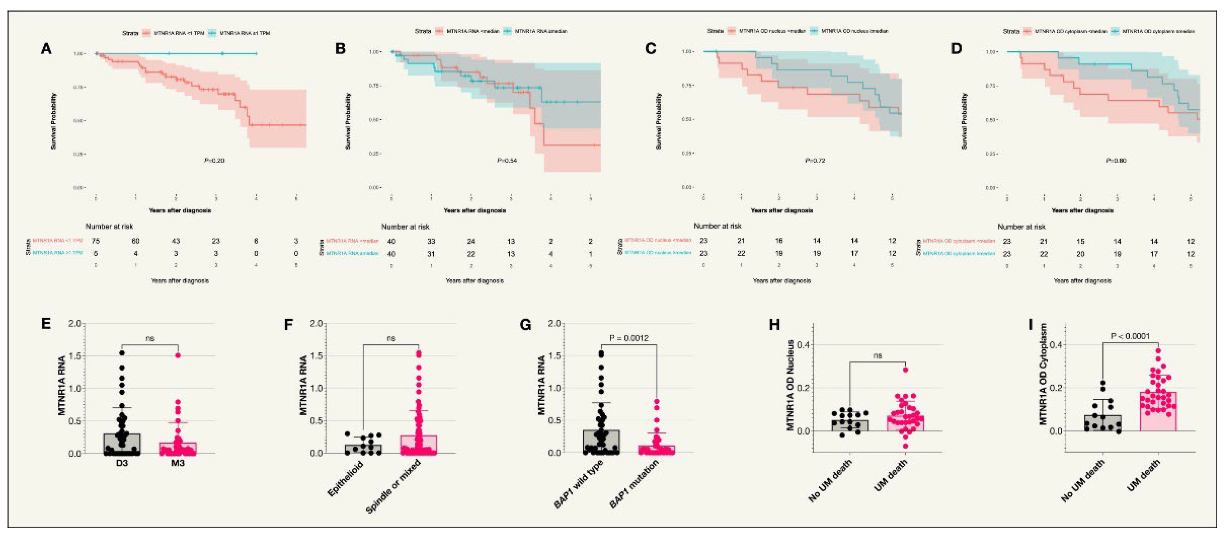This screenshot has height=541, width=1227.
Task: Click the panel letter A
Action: tap(46, 49)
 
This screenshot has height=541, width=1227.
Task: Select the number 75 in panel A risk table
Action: tap(95, 241)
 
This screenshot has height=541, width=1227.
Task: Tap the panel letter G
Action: tap(526, 325)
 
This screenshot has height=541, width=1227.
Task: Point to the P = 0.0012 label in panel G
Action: tap(629, 338)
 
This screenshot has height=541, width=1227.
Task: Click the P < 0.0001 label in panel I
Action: tap(1130, 336)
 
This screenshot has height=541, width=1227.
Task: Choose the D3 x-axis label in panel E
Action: tap(122, 462)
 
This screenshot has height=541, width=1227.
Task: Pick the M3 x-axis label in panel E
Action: tap(178, 462)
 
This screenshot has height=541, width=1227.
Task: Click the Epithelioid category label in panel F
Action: tap(346, 478)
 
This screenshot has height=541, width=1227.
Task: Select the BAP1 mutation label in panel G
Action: tap(634, 483)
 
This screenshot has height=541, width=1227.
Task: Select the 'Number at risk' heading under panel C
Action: tap(717, 226)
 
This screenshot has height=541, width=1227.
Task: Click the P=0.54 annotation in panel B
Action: tap(507, 161)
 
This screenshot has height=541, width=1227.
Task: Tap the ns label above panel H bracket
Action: tap(877, 355)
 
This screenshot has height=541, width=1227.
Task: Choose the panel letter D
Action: tap(956, 49)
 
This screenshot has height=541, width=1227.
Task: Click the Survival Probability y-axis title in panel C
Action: tap(659, 121)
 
